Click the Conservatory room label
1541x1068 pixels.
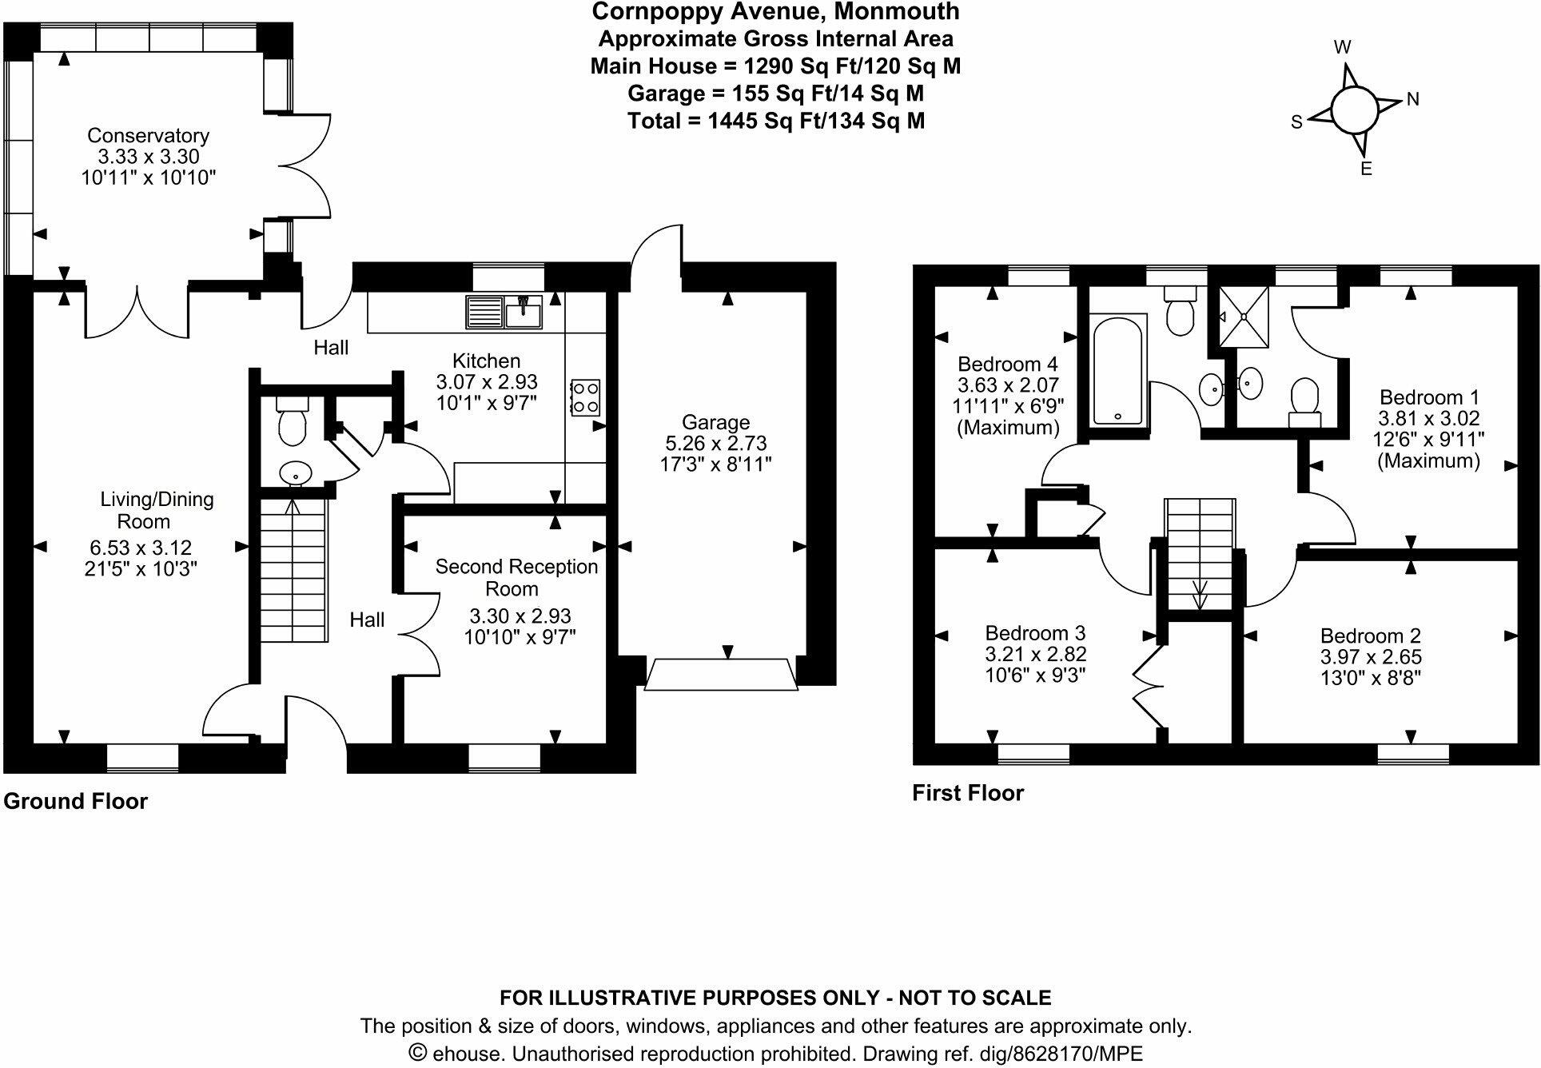click(148, 135)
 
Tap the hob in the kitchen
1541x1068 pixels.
click(585, 397)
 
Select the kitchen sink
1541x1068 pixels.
click(504, 312)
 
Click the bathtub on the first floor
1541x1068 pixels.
click(1119, 369)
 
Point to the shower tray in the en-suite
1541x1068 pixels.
click(1244, 317)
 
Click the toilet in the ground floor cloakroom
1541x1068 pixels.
click(293, 420)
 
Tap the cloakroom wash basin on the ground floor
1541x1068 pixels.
click(296, 474)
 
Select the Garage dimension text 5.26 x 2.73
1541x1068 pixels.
click(715, 443)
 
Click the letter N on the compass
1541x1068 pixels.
click(1412, 99)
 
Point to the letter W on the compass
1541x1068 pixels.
click(1343, 47)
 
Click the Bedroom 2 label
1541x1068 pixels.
click(1371, 636)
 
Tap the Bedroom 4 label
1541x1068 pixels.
click(1008, 364)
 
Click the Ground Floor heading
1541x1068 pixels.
click(76, 801)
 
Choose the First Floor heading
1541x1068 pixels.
click(968, 792)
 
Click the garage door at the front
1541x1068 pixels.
click(722, 674)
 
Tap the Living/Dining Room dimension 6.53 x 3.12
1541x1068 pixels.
click(141, 548)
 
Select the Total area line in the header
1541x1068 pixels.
click(776, 121)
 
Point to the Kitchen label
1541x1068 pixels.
click(486, 361)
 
